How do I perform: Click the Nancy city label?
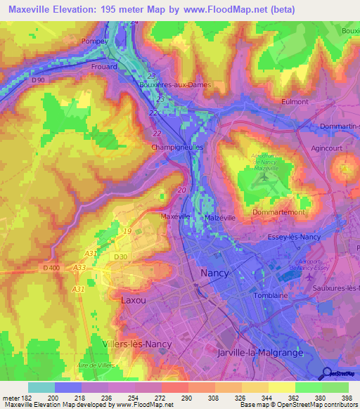(x=214, y=272)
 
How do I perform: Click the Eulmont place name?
(x=295, y=101)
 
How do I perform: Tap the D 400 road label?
(x=51, y=268)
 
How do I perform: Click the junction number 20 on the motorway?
(x=182, y=190)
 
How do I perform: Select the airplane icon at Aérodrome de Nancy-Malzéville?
(x=262, y=176)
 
